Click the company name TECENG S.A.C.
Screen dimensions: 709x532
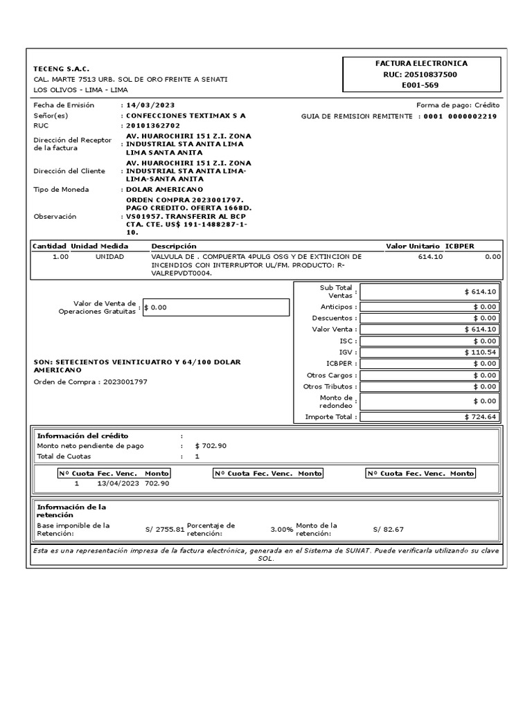(61, 69)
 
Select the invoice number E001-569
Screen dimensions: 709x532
(420, 85)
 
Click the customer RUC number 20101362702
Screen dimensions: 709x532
(152, 126)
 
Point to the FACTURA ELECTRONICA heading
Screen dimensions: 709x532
(420, 63)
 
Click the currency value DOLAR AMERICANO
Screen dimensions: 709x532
(164, 189)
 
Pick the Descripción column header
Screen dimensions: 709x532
(174, 246)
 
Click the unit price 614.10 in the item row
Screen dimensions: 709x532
(431, 256)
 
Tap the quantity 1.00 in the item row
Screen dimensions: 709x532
(61, 256)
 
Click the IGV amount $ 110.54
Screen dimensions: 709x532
(481, 352)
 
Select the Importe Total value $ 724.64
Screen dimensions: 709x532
(481, 417)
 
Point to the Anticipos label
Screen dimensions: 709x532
(339, 307)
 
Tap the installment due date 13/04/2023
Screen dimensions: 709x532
(118, 483)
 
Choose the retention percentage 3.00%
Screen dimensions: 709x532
(282, 530)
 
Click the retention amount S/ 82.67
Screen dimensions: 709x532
(388, 530)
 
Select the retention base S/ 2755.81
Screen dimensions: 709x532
(165, 530)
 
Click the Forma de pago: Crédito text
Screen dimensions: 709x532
(457, 105)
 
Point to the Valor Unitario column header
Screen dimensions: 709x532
(412, 246)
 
